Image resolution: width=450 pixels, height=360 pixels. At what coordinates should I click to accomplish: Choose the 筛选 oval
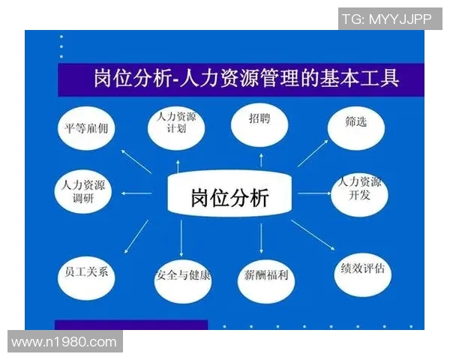coord(358,124)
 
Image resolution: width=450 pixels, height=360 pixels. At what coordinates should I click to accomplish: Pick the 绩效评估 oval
coord(362,270)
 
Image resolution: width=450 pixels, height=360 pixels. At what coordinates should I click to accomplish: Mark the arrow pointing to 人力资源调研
coord(136,193)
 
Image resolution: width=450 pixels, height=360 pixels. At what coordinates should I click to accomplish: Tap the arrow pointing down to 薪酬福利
coord(260,238)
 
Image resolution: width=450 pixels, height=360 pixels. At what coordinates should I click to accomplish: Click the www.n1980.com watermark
coord(64,342)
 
